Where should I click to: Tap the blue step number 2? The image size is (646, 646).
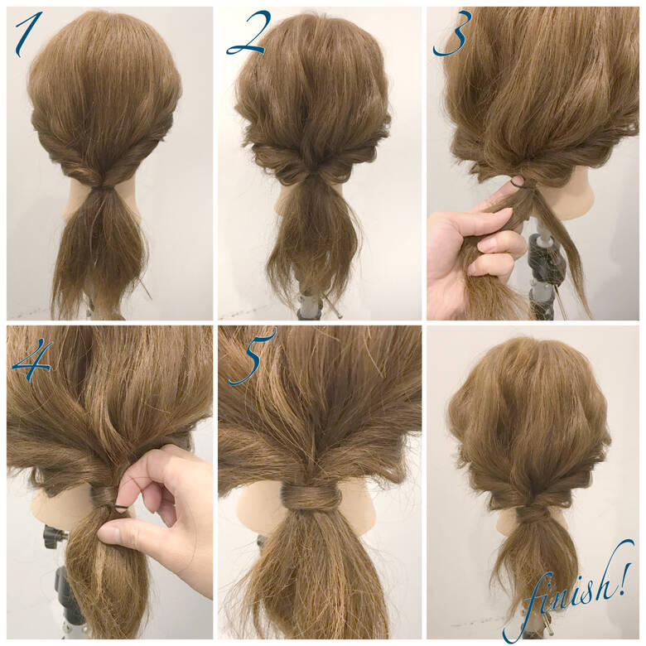point(245,35)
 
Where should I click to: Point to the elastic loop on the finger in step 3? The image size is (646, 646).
point(518,181)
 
